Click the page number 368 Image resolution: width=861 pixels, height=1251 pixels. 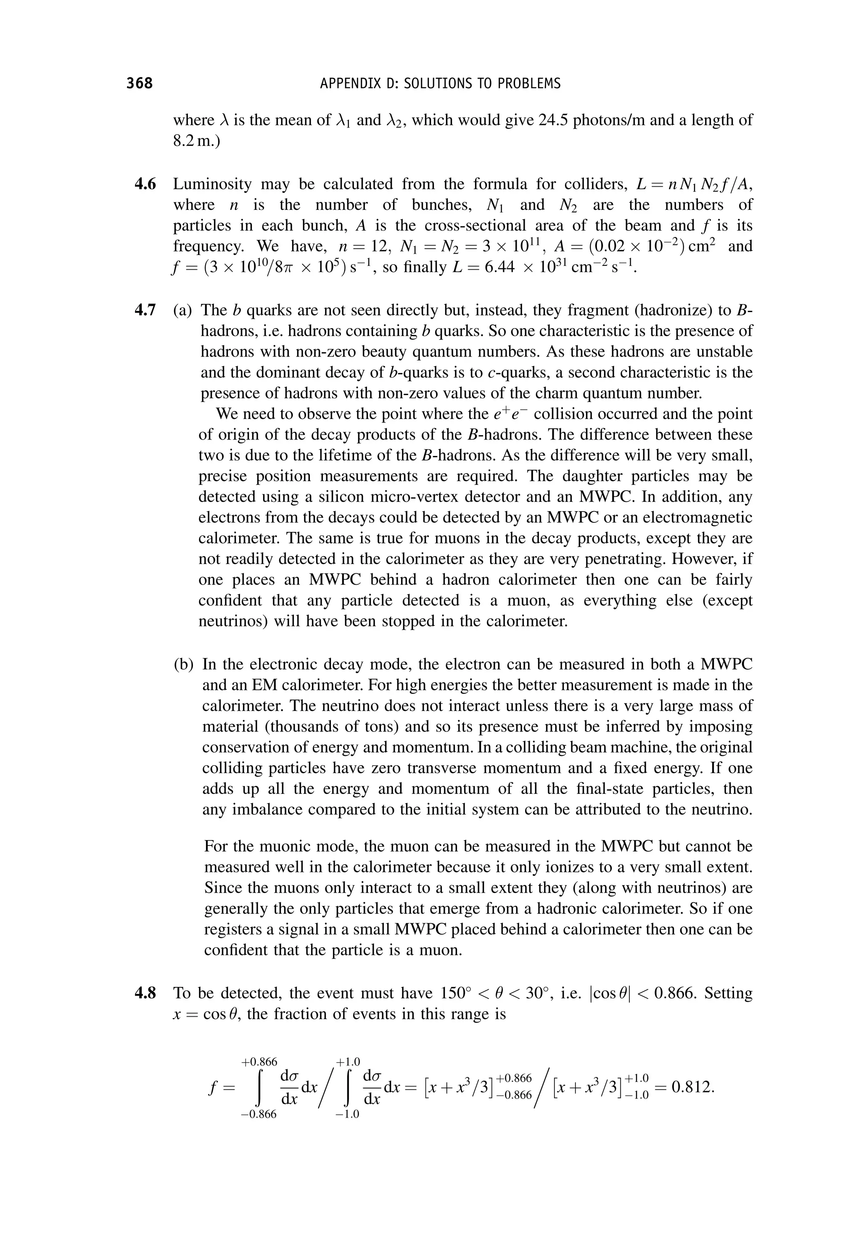pos(140,83)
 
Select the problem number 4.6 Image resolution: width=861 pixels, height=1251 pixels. pos(145,185)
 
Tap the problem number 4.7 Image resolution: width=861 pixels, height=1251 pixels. pos(145,310)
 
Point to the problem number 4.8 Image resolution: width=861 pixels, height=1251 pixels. pos(145,993)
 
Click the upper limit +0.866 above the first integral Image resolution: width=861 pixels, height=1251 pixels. pos(259,1062)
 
